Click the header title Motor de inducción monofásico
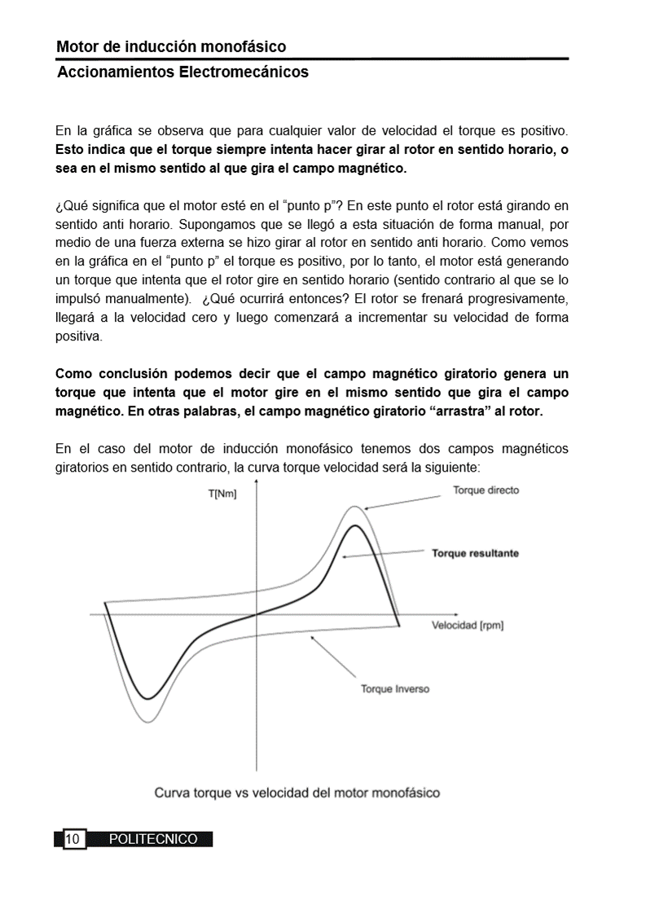point(171,47)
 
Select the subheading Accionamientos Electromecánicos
point(182,73)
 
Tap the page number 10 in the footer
point(73,839)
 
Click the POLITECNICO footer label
point(153,839)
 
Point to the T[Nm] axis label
point(222,494)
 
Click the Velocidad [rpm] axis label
point(467,626)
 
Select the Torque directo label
point(486,490)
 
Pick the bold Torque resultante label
point(475,553)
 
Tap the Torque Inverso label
point(395,689)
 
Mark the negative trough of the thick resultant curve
point(147,698)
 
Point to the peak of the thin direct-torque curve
point(354,506)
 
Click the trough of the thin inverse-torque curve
point(151,721)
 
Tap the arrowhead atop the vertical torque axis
point(257,482)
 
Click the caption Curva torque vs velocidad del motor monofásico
point(297,792)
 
